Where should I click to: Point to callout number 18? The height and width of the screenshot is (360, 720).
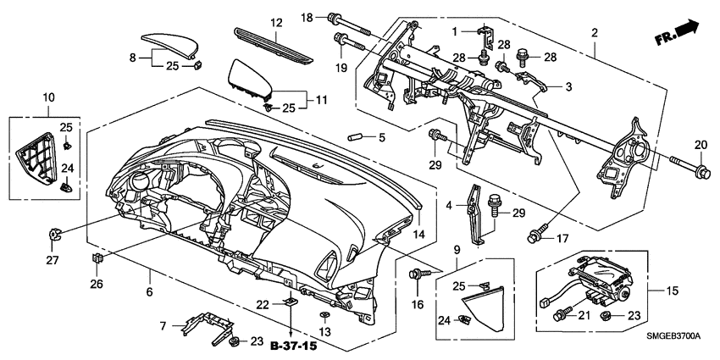click(307, 17)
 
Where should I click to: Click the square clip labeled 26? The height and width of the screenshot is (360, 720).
click(97, 258)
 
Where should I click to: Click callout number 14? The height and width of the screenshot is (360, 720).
click(418, 233)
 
